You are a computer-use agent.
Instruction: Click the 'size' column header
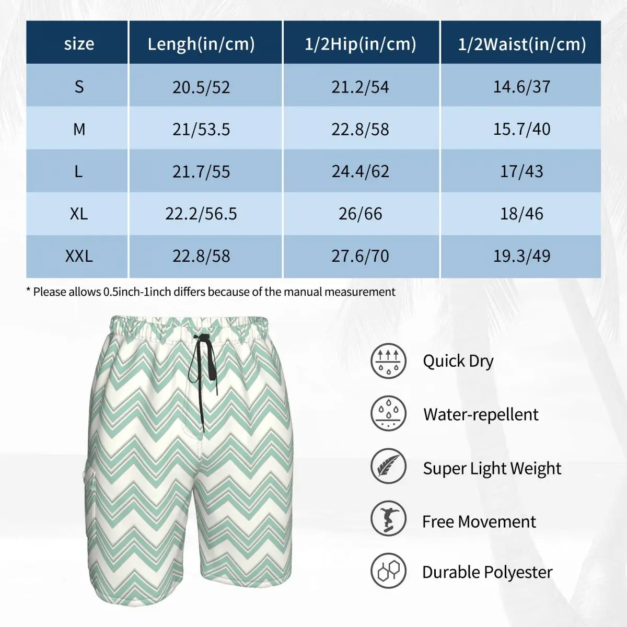(x=79, y=44)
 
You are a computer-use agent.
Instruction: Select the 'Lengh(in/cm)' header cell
(x=201, y=44)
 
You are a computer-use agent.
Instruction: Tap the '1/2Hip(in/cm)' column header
(x=361, y=44)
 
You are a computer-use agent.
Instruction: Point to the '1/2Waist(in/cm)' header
(x=521, y=44)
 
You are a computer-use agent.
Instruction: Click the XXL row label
(x=79, y=256)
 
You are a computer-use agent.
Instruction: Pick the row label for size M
(x=79, y=129)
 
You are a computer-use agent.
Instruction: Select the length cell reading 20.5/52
(x=201, y=87)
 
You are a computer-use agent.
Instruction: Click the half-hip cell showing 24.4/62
(x=361, y=171)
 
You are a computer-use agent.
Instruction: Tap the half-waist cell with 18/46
(x=521, y=214)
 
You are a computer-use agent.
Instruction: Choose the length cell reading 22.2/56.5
(x=201, y=214)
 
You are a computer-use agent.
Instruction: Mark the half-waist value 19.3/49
(x=521, y=256)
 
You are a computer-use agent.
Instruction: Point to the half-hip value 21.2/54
(x=361, y=87)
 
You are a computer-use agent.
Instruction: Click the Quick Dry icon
(x=388, y=361)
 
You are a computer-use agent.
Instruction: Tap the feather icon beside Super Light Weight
(x=388, y=466)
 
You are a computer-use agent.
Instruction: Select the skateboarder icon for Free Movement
(x=388, y=519)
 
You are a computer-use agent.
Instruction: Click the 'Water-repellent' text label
(x=481, y=414)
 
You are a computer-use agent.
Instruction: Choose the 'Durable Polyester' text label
(x=487, y=572)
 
